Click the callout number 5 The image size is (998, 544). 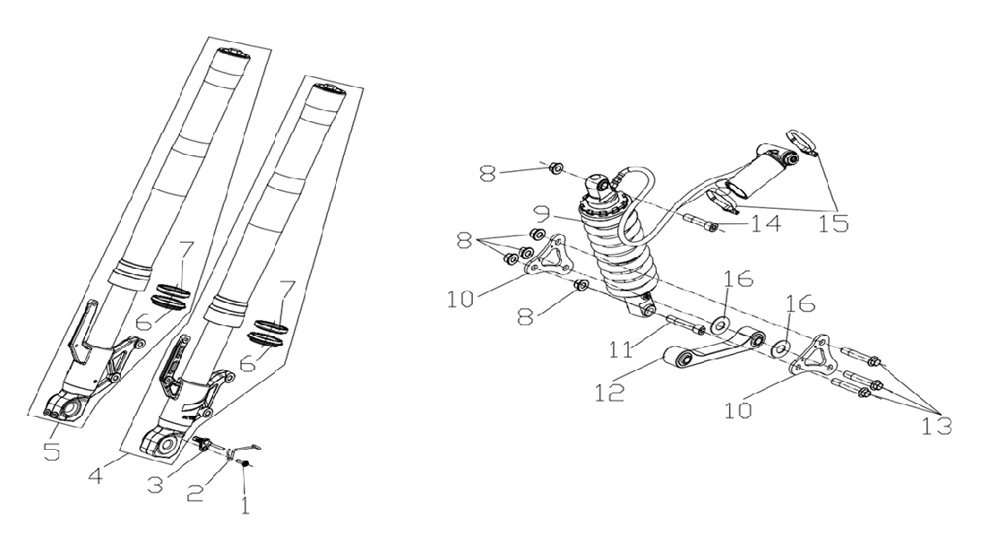[52, 452]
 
